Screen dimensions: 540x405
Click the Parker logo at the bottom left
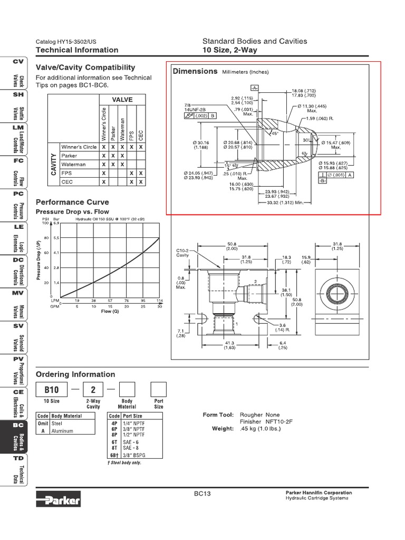coord(59,499)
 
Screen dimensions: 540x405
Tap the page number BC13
coord(202,494)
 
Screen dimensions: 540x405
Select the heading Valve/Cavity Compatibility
coord(85,67)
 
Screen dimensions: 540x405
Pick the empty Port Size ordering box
coord(158,390)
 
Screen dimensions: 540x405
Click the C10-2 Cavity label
coord(182,253)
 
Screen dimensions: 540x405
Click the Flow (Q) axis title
coord(110,311)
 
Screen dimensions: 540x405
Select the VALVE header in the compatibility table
coord(122,100)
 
